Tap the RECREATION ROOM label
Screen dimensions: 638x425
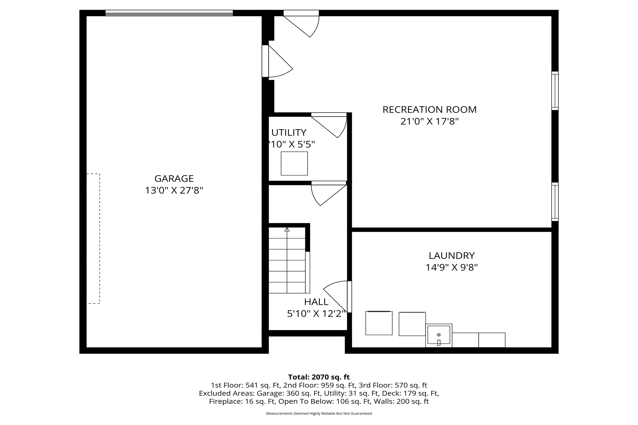point(429,109)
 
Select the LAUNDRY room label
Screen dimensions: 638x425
point(452,256)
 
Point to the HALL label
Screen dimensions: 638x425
point(316,302)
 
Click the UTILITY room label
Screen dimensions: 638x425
point(289,132)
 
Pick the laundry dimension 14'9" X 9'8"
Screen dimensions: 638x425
point(452,268)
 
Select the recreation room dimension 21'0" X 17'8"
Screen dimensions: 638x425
point(429,121)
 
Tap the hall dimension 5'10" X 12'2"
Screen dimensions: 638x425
point(316,314)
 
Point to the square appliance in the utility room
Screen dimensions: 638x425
point(294,163)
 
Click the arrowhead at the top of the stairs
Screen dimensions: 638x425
point(287,229)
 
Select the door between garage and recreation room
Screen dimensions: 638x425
point(277,61)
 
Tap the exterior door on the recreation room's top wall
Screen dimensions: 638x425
point(301,24)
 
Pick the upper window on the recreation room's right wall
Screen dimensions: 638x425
point(555,91)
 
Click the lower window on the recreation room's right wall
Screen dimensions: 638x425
point(555,202)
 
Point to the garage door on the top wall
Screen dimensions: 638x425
point(169,13)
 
